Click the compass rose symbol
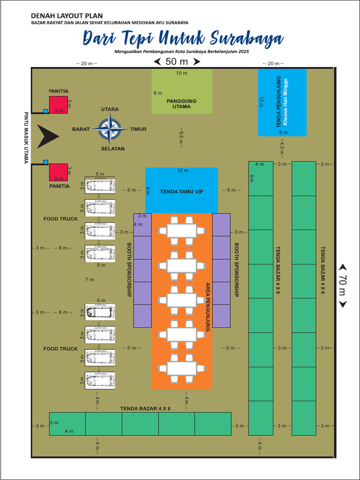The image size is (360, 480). click(110, 129)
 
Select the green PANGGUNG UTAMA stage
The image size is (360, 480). click(181, 91)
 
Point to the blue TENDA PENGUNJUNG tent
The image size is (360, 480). click(282, 103)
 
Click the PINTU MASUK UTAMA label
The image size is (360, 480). click(26, 138)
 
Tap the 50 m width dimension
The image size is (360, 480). click(177, 61)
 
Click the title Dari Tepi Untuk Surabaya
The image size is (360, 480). click(183, 38)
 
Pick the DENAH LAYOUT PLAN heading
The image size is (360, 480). click(67, 16)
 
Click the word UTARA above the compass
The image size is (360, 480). click(110, 109)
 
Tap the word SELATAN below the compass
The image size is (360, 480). click(112, 149)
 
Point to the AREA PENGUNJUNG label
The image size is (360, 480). click(208, 307)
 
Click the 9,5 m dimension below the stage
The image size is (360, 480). click(181, 138)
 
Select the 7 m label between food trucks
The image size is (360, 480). click(89, 280)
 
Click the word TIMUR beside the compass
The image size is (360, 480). click(138, 129)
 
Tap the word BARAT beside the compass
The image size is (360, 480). click(81, 129)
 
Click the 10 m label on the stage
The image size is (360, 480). click(181, 73)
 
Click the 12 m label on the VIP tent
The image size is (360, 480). click(182, 170)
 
